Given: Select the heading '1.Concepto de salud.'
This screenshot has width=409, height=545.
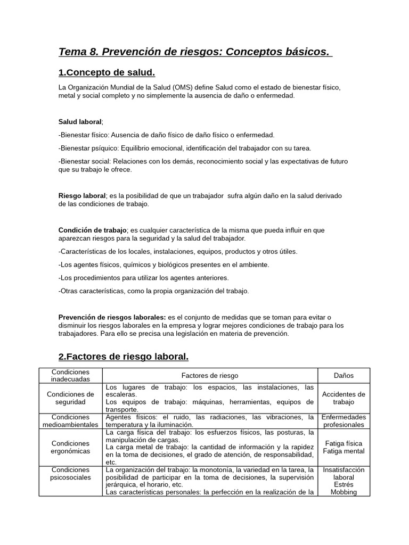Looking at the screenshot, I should point(107,72).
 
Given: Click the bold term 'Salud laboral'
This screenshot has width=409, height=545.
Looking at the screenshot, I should point(79,122).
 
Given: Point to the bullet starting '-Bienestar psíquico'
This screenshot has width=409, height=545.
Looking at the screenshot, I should point(185,148).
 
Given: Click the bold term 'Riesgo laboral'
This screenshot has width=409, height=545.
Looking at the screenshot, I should point(82,196).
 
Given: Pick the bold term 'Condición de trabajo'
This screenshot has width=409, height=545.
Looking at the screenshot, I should point(92,230).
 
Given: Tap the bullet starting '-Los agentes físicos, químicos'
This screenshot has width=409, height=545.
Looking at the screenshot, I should point(163,265).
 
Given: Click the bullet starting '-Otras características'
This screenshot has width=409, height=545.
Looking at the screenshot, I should point(153,291).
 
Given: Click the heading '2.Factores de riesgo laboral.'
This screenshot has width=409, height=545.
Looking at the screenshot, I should point(123,356).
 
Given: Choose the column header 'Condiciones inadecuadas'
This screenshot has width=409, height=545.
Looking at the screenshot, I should point(70,375).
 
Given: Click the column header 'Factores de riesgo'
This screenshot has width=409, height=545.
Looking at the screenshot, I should point(210,375).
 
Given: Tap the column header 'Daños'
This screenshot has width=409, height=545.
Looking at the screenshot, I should point(343,375).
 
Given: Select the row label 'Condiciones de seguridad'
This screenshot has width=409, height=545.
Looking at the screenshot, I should point(70,398).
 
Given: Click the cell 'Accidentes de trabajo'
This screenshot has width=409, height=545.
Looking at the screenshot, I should point(343,398).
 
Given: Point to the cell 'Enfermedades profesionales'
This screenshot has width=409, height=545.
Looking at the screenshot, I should point(343,421).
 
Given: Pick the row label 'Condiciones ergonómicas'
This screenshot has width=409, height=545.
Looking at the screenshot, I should point(70,447).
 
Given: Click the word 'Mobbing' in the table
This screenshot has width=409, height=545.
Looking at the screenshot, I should point(343,492).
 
